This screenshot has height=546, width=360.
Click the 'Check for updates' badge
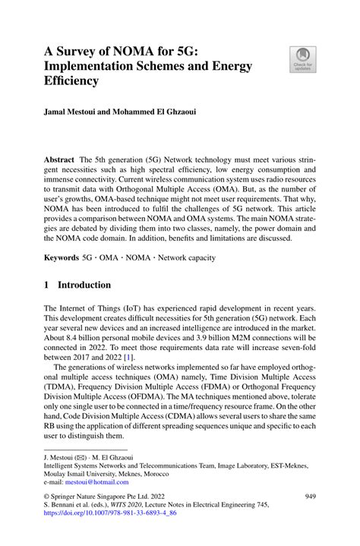(304, 60)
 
